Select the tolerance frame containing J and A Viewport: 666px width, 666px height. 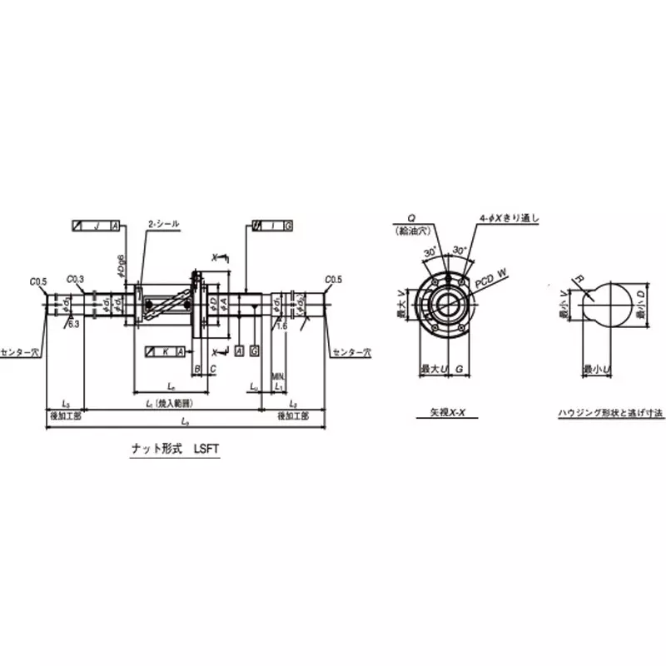97,226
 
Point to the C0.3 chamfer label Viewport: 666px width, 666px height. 74,279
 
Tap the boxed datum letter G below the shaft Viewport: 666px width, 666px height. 254,351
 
